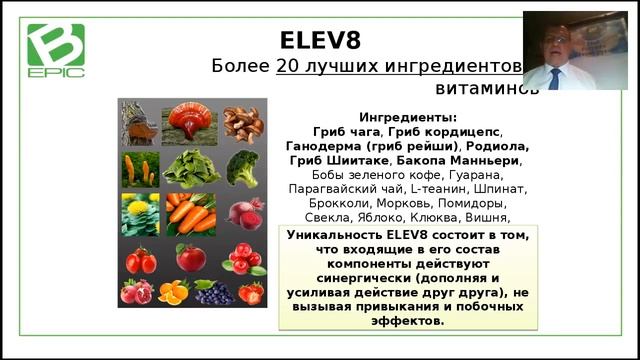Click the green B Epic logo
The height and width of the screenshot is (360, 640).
tap(56, 51)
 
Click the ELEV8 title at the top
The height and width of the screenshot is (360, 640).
tap(320, 40)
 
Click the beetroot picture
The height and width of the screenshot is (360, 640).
tap(243, 213)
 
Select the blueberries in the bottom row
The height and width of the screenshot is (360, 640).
tap(212, 292)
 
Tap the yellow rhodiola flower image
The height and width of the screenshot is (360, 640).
tap(140, 213)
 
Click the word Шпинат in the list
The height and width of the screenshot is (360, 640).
tap(504, 188)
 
